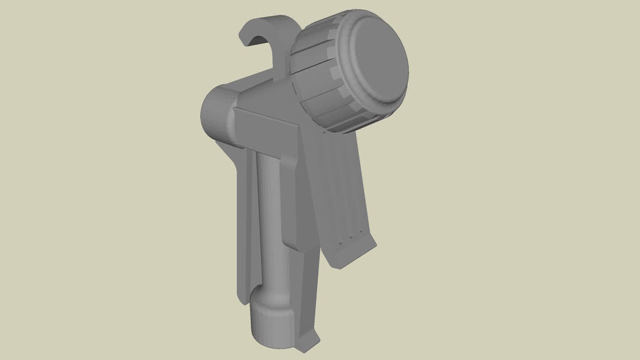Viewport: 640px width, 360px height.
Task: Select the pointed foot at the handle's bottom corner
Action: point(307,345)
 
